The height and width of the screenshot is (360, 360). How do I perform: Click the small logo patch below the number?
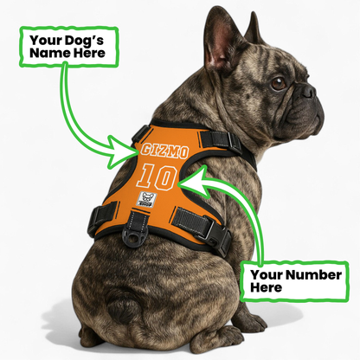145,200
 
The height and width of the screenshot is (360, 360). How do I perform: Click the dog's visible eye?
279,83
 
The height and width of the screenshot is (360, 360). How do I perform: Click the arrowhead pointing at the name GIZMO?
128,158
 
